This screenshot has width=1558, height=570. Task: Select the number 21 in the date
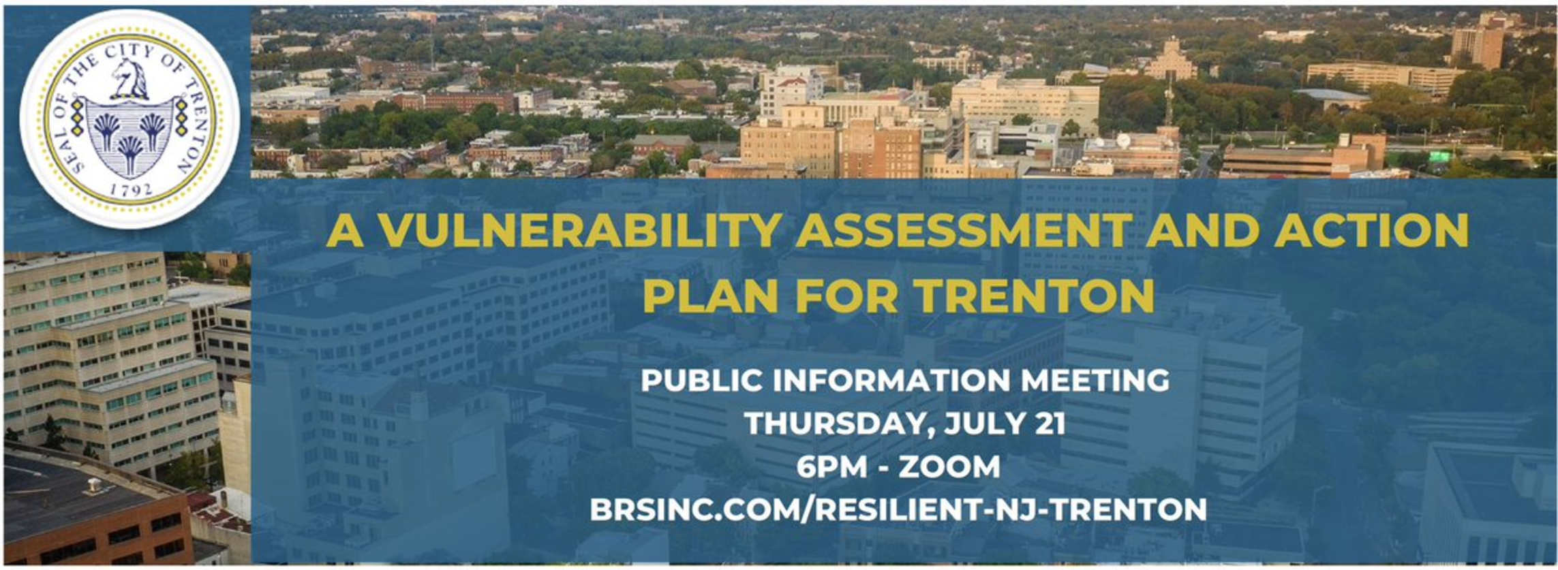[1050, 424]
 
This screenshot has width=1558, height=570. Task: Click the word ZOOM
[950, 467]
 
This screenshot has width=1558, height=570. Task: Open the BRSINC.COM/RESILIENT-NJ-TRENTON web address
[898, 509]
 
